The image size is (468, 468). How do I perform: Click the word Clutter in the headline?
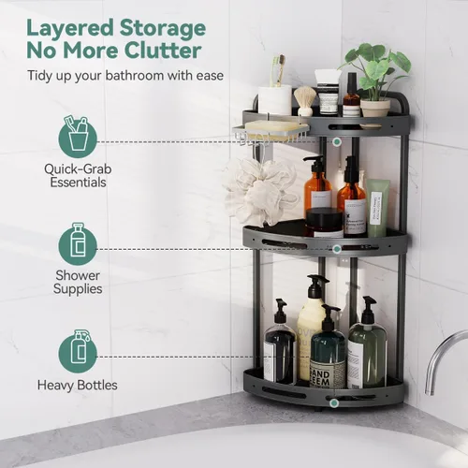(163, 50)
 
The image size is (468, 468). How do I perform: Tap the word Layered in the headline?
(70, 28)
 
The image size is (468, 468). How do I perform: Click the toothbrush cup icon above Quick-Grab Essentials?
(78, 136)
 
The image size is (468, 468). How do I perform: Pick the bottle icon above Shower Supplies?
(78, 244)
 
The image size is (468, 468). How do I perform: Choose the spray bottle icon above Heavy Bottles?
(78, 352)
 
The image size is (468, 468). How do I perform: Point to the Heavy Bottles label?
(78, 385)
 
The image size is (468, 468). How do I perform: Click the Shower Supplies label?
(78, 282)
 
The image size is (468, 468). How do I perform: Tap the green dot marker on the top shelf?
(337, 142)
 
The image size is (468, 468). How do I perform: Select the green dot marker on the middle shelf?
(337, 249)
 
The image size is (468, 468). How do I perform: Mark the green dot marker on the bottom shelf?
(334, 402)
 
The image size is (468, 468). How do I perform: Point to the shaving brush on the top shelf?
(305, 100)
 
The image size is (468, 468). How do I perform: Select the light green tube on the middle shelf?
(378, 208)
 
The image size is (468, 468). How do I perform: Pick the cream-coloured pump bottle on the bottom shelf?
(311, 328)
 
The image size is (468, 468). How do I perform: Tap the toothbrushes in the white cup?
(279, 70)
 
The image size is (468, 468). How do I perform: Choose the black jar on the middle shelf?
(325, 223)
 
